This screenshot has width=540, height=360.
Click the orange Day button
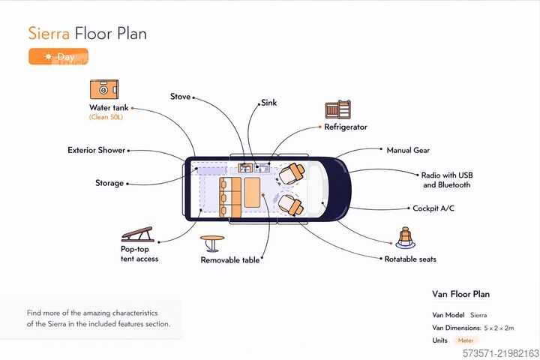[x=58, y=56]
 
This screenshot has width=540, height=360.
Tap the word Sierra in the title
[x=49, y=34]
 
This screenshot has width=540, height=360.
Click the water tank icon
[x=104, y=89]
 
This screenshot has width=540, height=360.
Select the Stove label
[x=180, y=97]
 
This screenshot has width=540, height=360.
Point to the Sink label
[x=269, y=103]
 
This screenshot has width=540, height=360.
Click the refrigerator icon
[x=337, y=109]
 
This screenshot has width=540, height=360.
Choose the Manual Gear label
[x=408, y=150]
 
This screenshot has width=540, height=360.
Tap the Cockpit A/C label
[x=433, y=208]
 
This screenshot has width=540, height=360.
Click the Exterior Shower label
[x=97, y=150]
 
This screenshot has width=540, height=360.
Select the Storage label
[x=109, y=183]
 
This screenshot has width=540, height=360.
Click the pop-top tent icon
[x=138, y=234]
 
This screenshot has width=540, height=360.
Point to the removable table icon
[x=212, y=244]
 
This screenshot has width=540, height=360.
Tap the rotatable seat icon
[x=405, y=238]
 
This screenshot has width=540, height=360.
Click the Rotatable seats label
[x=410, y=259]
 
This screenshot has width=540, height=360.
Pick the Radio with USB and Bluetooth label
[x=447, y=180]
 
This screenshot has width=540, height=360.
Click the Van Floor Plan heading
[x=460, y=294]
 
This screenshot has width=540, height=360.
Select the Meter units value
[x=466, y=340]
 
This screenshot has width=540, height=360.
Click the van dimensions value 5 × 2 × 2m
[x=499, y=328]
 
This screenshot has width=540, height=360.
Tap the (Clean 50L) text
[x=106, y=117]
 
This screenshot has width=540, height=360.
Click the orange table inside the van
[x=252, y=193]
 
